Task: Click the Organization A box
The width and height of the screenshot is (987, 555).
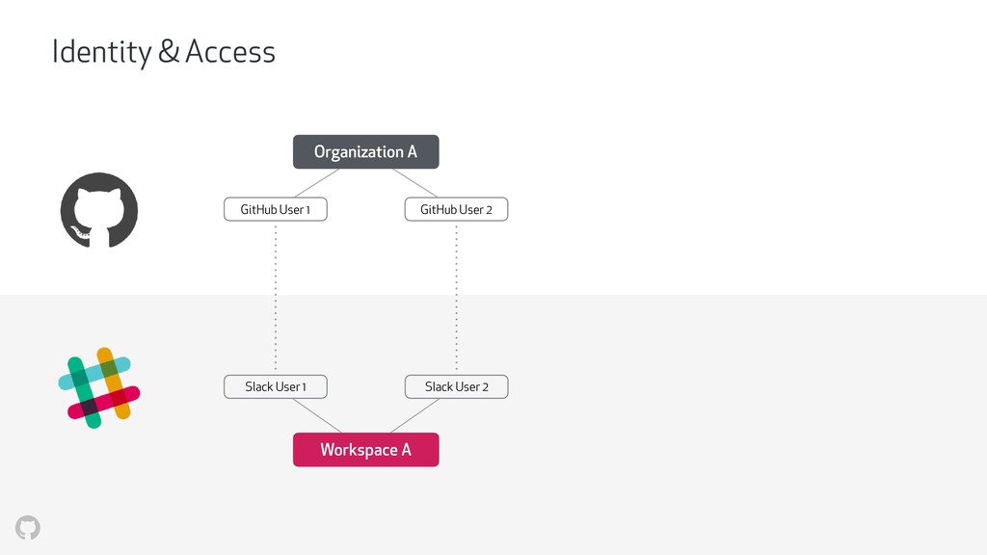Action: (365, 151)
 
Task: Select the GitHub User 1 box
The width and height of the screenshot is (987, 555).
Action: (276, 209)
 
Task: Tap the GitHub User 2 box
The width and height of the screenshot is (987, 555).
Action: (456, 209)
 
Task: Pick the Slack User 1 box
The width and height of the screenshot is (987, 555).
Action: (276, 387)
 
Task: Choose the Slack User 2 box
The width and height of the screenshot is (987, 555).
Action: (456, 387)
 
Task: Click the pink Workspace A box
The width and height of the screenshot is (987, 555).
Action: (365, 450)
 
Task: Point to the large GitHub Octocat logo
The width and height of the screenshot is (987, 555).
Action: (99, 210)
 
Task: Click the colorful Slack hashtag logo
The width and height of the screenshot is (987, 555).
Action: (99, 387)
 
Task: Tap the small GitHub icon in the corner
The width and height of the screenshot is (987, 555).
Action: (28, 527)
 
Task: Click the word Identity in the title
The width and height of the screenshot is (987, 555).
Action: (101, 52)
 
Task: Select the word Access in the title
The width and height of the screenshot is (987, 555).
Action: (230, 52)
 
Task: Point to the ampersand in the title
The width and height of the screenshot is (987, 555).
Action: (169, 52)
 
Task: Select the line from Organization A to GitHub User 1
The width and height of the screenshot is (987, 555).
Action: (317, 183)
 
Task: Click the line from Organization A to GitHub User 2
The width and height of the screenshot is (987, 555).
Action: (414, 183)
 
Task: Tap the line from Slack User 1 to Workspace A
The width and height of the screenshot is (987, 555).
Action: (317, 416)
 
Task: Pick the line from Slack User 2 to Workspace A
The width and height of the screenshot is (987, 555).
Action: (414, 416)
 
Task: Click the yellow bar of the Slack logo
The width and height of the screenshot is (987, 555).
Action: (114, 383)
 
